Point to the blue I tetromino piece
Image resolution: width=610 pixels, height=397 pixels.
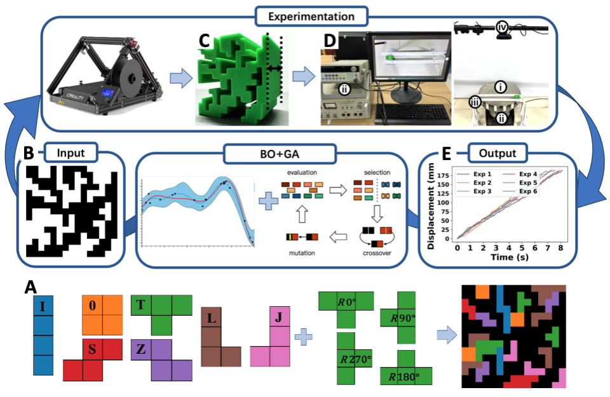coord(43,337)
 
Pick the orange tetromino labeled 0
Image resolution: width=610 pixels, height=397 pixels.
coord(102,315)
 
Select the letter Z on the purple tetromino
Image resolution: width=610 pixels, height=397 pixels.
coord(141,348)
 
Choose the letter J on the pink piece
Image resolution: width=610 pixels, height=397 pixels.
coord(279,316)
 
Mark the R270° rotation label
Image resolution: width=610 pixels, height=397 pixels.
coord(354,360)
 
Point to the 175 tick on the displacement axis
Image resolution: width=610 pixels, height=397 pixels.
coord(447,172)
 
